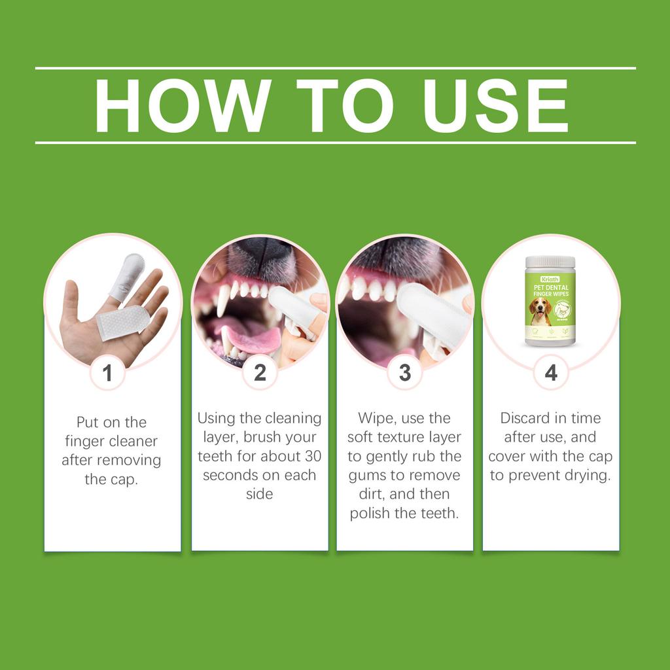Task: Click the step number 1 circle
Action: tap(107, 373)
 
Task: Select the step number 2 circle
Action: tap(260, 373)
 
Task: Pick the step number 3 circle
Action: tap(404, 373)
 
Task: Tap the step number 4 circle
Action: tap(551, 373)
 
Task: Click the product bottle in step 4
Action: tap(550, 301)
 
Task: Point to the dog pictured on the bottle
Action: tap(540, 311)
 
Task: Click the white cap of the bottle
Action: tap(550, 262)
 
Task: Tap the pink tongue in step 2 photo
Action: tap(252, 340)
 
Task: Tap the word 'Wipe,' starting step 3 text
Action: tap(377, 418)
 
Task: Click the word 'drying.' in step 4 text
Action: tap(586, 475)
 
